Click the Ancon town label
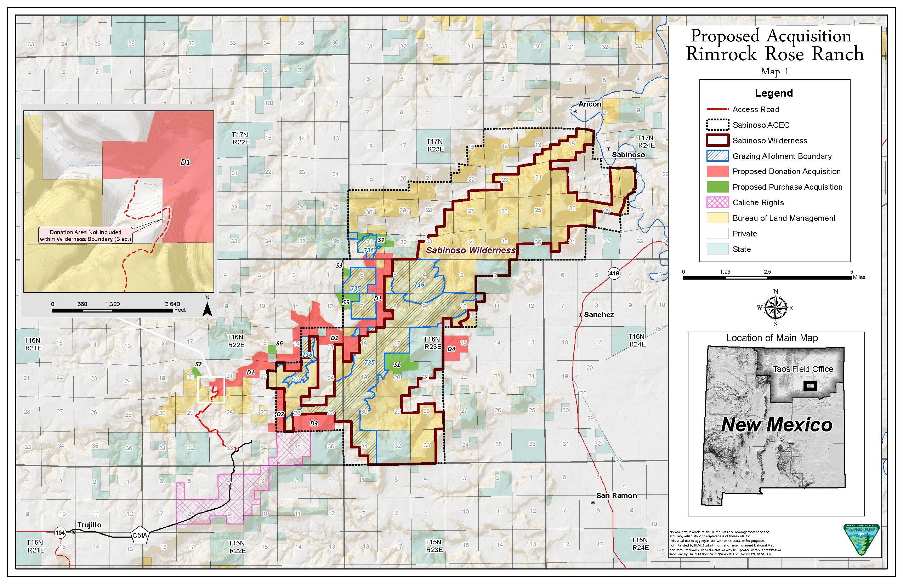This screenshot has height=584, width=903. pos(590,104)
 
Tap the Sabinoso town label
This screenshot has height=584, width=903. pos(628,155)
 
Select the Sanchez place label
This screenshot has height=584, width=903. pos(599,314)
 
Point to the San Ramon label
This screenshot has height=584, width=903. pos(616,495)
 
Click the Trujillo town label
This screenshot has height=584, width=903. pos(89,525)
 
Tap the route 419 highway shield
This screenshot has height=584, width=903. pos(614,273)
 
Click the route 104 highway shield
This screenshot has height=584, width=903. pos(60,533)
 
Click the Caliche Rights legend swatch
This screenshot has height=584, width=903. pos(717,202)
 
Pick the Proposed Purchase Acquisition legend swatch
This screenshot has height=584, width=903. pos(717,187)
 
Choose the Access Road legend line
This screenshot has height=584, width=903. pos(717,110)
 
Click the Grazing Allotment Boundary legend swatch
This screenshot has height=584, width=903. pos(717,156)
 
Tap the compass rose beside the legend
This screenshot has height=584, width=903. pos(775,308)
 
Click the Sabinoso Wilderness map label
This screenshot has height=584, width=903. pos(471,250)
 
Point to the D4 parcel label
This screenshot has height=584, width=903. pos(451,349)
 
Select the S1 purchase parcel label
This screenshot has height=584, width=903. pos(397,365)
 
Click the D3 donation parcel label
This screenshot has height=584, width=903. pos(313,423)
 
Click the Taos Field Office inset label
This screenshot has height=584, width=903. pos(803,369)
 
